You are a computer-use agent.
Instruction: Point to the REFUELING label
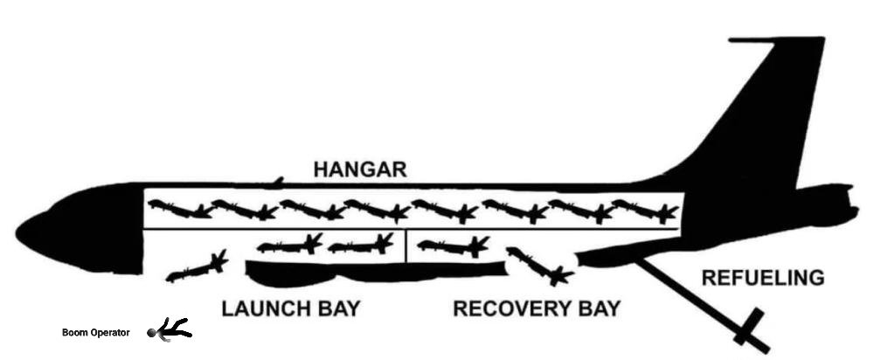coord(763,279)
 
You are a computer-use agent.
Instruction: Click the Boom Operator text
coord(95,333)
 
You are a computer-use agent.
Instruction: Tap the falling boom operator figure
coord(170,330)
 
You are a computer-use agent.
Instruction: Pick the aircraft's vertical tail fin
coord(769,114)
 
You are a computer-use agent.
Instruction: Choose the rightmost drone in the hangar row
coord(646,211)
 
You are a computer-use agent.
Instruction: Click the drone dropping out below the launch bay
coord(197,268)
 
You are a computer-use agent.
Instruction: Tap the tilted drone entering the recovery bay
coord(538,266)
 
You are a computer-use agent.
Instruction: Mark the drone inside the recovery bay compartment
coord(453,246)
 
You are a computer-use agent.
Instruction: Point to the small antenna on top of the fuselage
coord(277,181)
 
